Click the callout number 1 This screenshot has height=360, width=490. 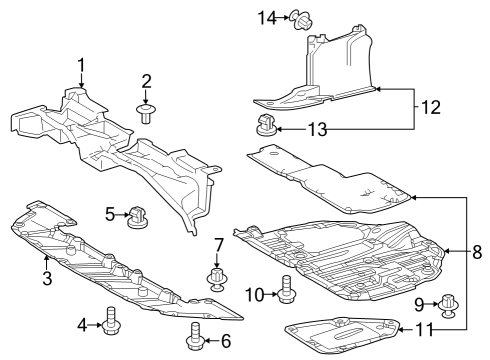[x=81, y=65]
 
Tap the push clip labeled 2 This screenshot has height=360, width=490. [x=146, y=113]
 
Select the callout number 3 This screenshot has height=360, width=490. [x=47, y=278]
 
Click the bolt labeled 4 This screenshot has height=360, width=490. [x=112, y=321]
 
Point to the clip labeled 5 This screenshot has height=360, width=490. [x=137, y=217]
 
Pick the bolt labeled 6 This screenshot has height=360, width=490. [x=194, y=336]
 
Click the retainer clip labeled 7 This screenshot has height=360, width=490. [x=217, y=279]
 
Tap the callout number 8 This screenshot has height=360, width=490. [x=477, y=252]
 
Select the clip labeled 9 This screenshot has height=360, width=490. [x=449, y=305]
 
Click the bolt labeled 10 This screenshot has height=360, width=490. [x=286, y=289]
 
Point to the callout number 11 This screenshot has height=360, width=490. [x=424, y=330]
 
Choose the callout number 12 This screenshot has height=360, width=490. [x=431, y=107]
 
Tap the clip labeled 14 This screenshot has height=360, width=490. [x=301, y=19]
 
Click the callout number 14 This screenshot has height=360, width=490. [x=268, y=18]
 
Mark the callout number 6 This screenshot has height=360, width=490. [x=226, y=341]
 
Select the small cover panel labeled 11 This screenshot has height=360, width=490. [x=342, y=334]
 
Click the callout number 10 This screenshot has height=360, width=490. [x=255, y=295]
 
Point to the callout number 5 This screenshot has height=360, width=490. [x=110, y=214]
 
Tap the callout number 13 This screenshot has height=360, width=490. [x=317, y=129]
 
